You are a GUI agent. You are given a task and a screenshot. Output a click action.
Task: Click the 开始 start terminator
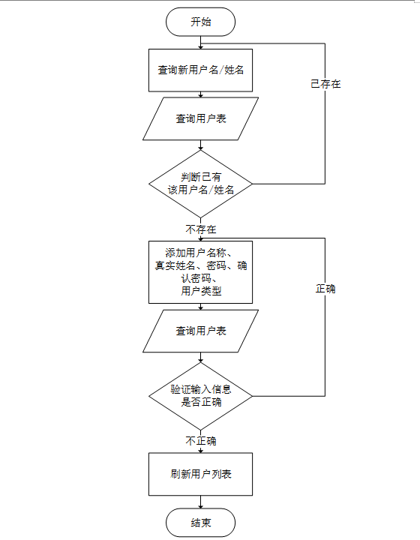click(x=201, y=22)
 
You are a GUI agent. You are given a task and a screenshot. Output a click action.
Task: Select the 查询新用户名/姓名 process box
click(x=201, y=70)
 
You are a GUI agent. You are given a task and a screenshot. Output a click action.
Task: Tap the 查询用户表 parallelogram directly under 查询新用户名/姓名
click(x=201, y=118)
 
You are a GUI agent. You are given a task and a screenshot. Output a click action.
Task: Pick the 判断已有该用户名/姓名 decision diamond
click(x=201, y=184)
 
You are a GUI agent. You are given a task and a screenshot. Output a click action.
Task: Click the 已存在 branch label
click(x=325, y=84)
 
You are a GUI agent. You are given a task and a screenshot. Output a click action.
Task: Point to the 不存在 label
click(x=201, y=229)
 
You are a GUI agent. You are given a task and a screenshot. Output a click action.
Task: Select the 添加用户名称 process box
click(x=201, y=271)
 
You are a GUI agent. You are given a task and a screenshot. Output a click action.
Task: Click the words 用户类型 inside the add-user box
click(x=201, y=292)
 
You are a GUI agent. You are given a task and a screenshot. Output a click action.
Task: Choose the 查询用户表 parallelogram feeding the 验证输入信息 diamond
click(x=201, y=331)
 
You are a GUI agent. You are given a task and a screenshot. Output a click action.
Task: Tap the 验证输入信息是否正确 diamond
click(x=201, y=395)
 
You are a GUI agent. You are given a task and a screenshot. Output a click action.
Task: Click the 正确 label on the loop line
click(x=325, y=288)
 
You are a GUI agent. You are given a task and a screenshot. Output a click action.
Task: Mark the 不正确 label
click(x=201, y=441)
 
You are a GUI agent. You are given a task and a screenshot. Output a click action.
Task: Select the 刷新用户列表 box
click(x=201, y=474)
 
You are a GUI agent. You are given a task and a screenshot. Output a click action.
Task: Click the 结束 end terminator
click(x=201, y=523)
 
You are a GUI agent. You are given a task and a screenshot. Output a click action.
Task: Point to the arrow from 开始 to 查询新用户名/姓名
click(x=201, y=42)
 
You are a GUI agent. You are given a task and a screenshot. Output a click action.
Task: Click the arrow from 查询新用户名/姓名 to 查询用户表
click(x=201, y=94)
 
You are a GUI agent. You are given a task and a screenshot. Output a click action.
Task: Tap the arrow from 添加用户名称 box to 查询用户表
click(x=201, y=307)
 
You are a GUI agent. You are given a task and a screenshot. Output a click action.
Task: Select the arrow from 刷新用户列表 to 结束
click(x=201, y=502)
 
